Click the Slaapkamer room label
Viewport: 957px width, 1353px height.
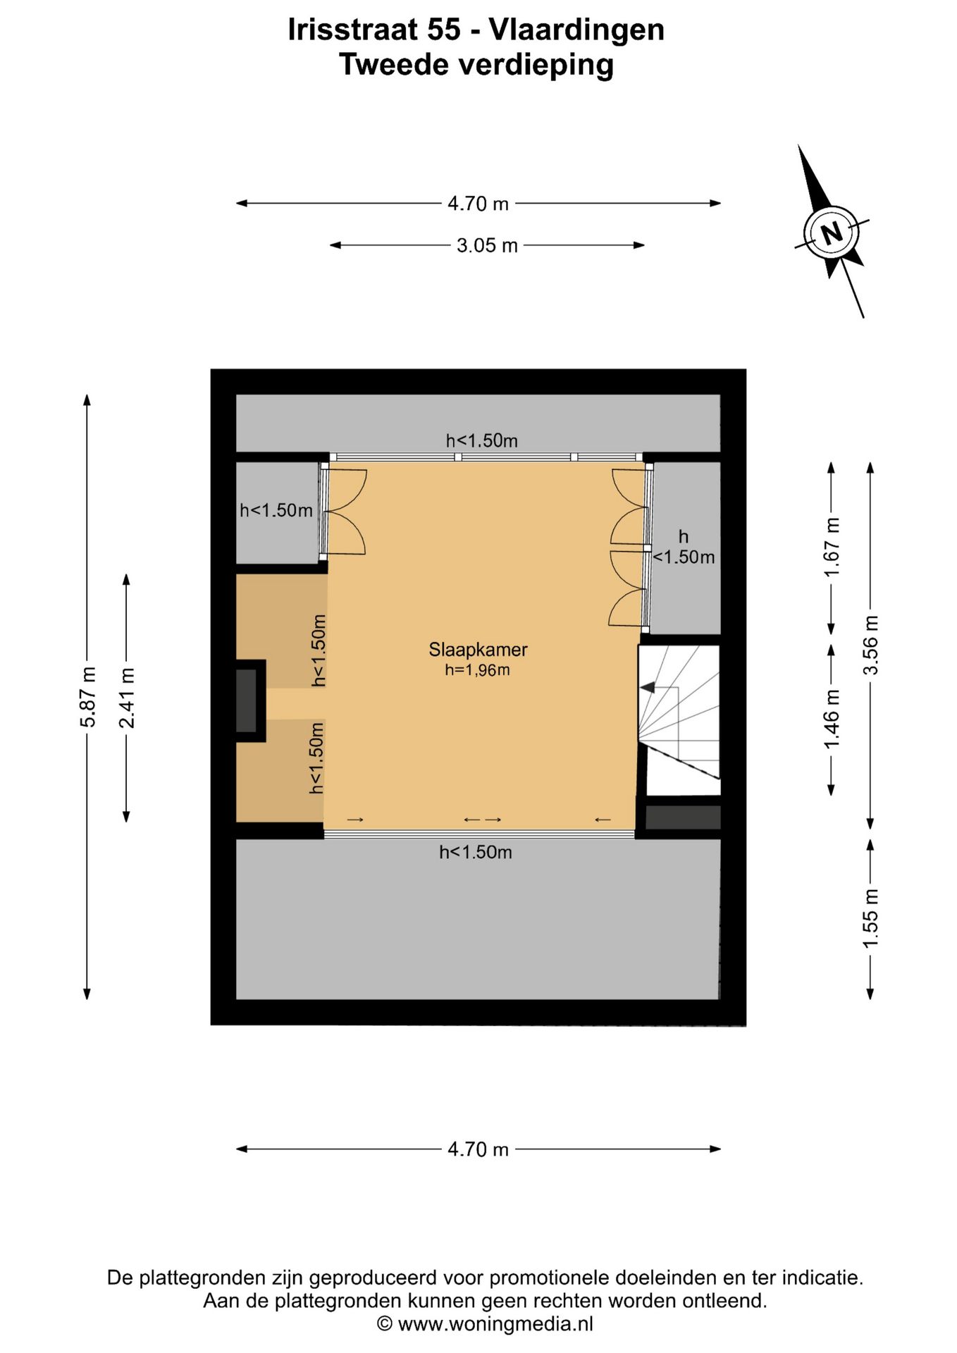click(478, 650)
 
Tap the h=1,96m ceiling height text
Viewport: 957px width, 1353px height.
click(477, 670)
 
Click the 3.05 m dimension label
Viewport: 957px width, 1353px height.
click(487, 245)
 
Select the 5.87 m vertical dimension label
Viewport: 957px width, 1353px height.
click(87, 696)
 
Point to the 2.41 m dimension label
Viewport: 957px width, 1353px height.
click(127, 698)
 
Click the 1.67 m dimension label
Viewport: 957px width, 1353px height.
click(832, 547)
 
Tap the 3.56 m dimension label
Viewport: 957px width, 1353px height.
click(871, 645)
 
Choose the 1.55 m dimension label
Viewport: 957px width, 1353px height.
click(871, 918)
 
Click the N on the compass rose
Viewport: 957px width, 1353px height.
click(832, 233)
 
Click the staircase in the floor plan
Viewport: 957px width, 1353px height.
click(679, 719)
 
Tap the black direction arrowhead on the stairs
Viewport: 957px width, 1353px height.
click(647, 687)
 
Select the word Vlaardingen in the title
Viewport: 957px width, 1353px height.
click(576, 30)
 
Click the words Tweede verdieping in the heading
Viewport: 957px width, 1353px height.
click(476, 65)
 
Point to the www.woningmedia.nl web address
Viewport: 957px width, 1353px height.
click(495, 1323)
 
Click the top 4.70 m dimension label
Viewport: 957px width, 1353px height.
click(478, 204)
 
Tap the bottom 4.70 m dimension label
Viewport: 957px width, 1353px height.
click(478, 1149)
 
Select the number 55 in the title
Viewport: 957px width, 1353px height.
click(443, 30)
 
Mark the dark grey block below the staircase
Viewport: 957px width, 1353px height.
click(683, 817)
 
